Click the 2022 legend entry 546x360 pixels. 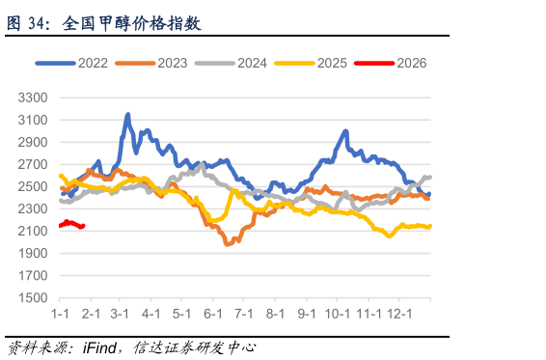72,63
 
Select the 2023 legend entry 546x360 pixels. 152,63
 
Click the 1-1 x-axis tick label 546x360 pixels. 60,315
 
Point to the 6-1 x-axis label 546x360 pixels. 213,315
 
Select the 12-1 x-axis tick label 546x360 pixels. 399,315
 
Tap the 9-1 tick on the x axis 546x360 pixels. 308,315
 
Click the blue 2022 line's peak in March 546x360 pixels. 128,115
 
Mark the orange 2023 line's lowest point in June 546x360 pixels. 228,244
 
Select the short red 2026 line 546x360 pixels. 71,224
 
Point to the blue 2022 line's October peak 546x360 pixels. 345,132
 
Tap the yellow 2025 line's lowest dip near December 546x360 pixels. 390,235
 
